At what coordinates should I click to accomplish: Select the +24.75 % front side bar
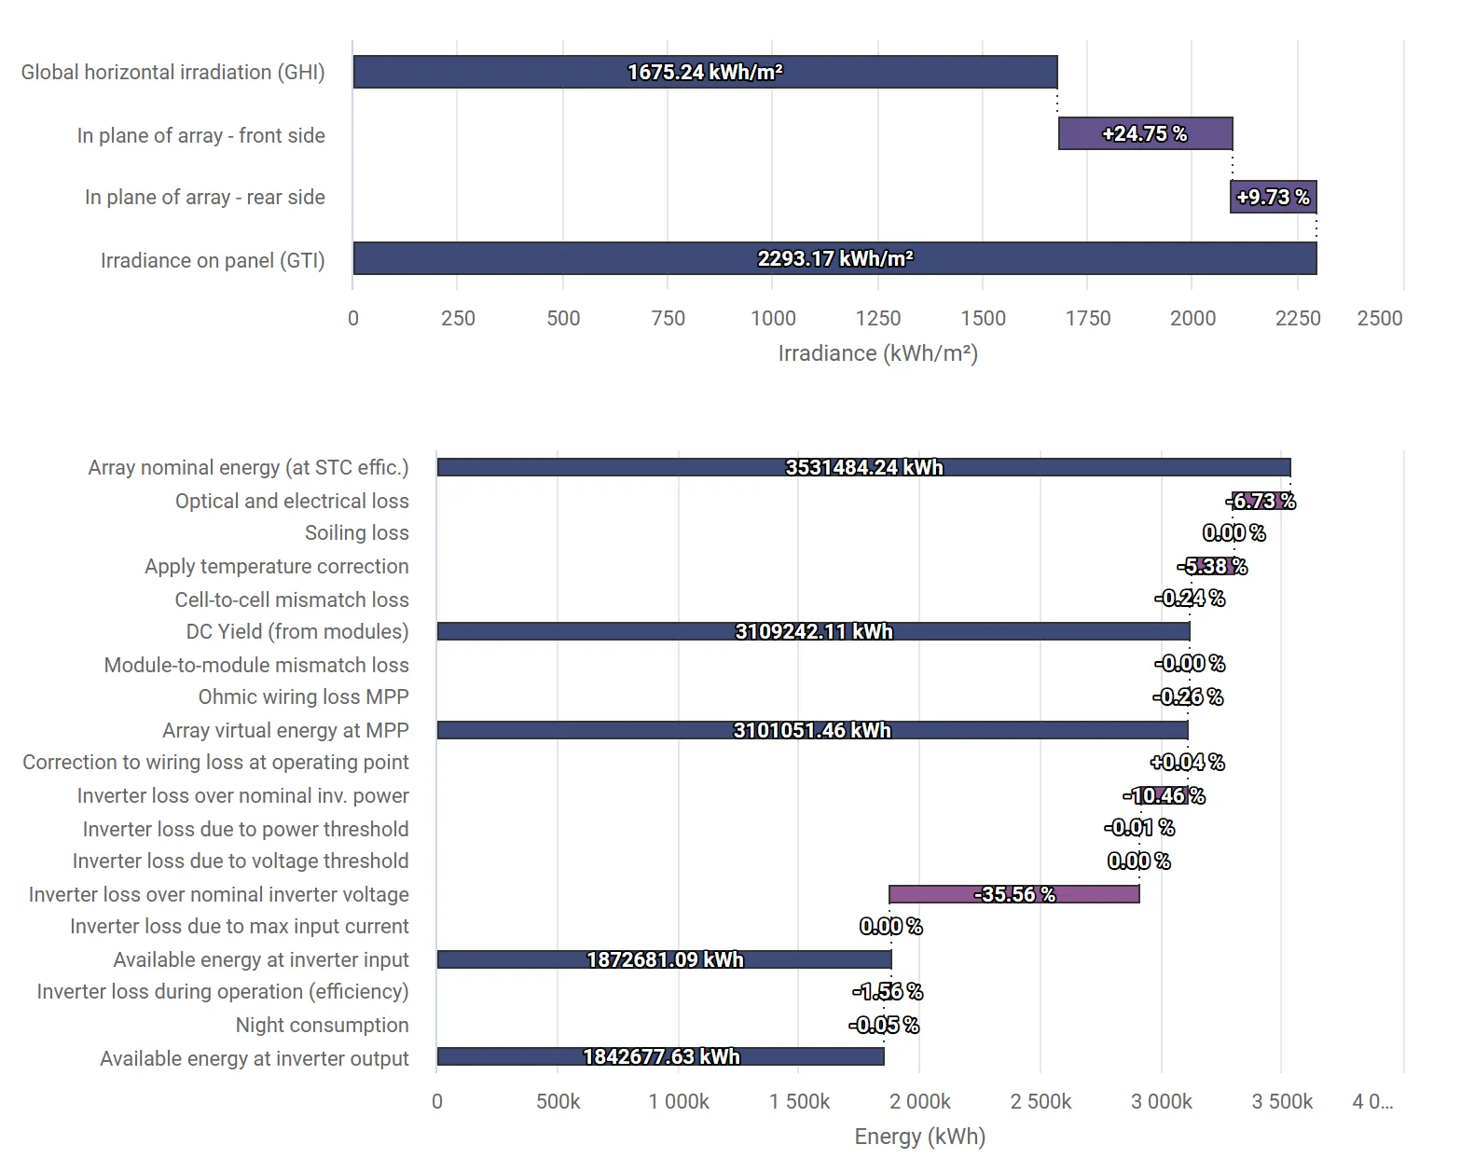[1145, 133]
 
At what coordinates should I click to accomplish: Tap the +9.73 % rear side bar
[1273, 197]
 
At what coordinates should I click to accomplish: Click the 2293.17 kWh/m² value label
[834, 258]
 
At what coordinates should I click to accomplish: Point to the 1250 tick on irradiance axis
[877, 319]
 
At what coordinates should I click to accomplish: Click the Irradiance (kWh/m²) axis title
[877, 353]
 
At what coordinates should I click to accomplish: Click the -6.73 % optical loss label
[1261, 501]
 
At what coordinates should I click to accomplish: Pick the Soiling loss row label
[356, 532]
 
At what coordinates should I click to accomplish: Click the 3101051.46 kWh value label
[812, 730]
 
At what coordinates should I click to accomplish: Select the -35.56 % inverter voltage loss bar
[1013, 894]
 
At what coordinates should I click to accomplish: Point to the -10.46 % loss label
[1164, 795]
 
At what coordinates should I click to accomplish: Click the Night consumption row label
[322, 1025]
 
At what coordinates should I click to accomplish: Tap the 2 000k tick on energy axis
[919, 1102]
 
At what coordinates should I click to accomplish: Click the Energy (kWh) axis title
[919, 1137]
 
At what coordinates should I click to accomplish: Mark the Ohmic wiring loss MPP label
[303, 696]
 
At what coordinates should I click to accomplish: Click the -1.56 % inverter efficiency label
[887, 991]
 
